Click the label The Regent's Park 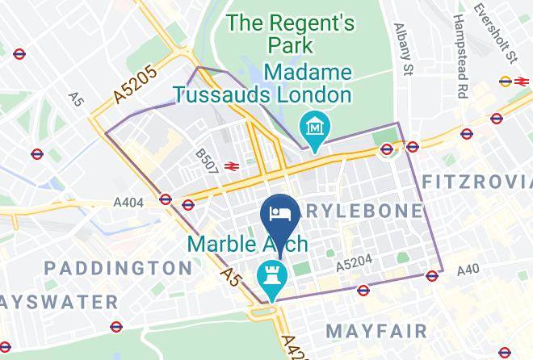point(292,34)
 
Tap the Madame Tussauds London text point(263,84)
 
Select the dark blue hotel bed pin point(279,216)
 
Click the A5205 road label point(136,83)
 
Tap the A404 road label point(128,203)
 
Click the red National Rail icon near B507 point(230,166)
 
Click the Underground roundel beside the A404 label point(166,199)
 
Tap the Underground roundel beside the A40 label point(432,274)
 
